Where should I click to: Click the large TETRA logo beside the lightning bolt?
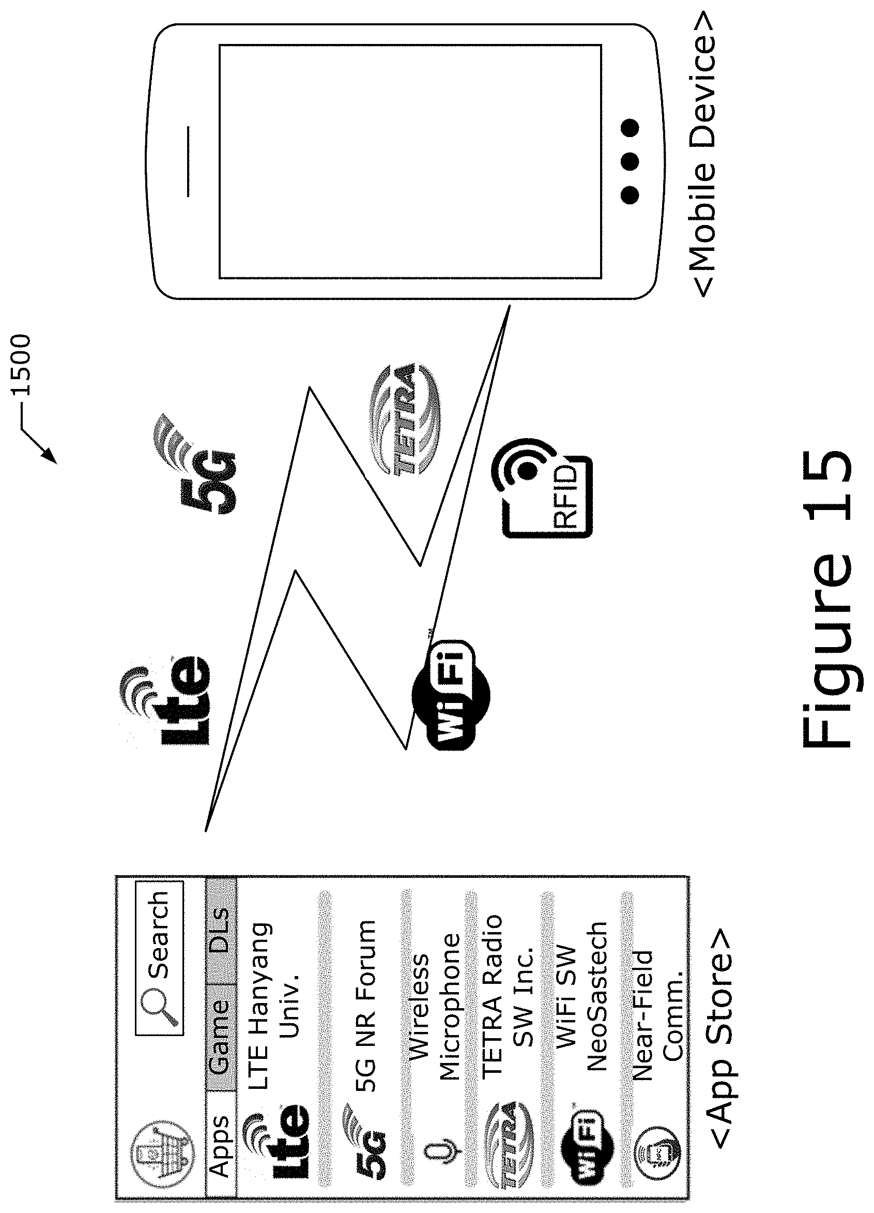click(405, 419)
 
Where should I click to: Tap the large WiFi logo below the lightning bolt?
click(451, 694)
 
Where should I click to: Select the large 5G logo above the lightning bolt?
click(195, 462)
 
